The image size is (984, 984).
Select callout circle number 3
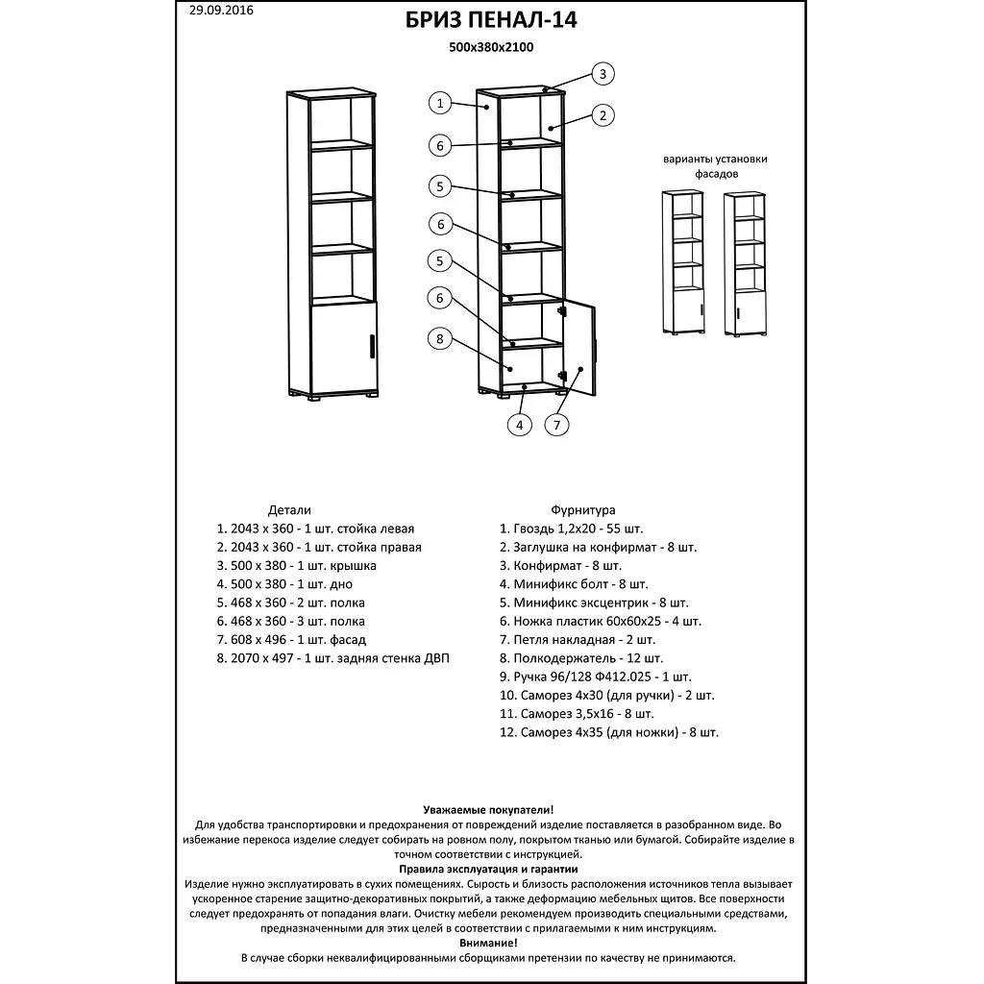pos(603,74)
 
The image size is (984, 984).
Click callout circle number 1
pos(439,103)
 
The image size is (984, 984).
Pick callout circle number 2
pos(603,116)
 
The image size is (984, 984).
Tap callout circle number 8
pos(439,338)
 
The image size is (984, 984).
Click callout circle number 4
pos(519,425)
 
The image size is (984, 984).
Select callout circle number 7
pos(556,425)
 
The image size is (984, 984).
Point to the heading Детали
pos(289,510)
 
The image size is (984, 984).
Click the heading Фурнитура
pos(583,510)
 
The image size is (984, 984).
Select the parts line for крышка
pos(297,566)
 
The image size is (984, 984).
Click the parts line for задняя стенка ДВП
pos(333,658)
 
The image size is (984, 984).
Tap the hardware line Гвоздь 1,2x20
pos(572,529)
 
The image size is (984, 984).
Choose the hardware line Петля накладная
pos(578,640)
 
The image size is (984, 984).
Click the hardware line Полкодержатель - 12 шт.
pos(581,658)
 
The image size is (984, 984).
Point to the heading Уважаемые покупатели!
pos(488,811)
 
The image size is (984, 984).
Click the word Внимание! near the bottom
pos(488,944)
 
